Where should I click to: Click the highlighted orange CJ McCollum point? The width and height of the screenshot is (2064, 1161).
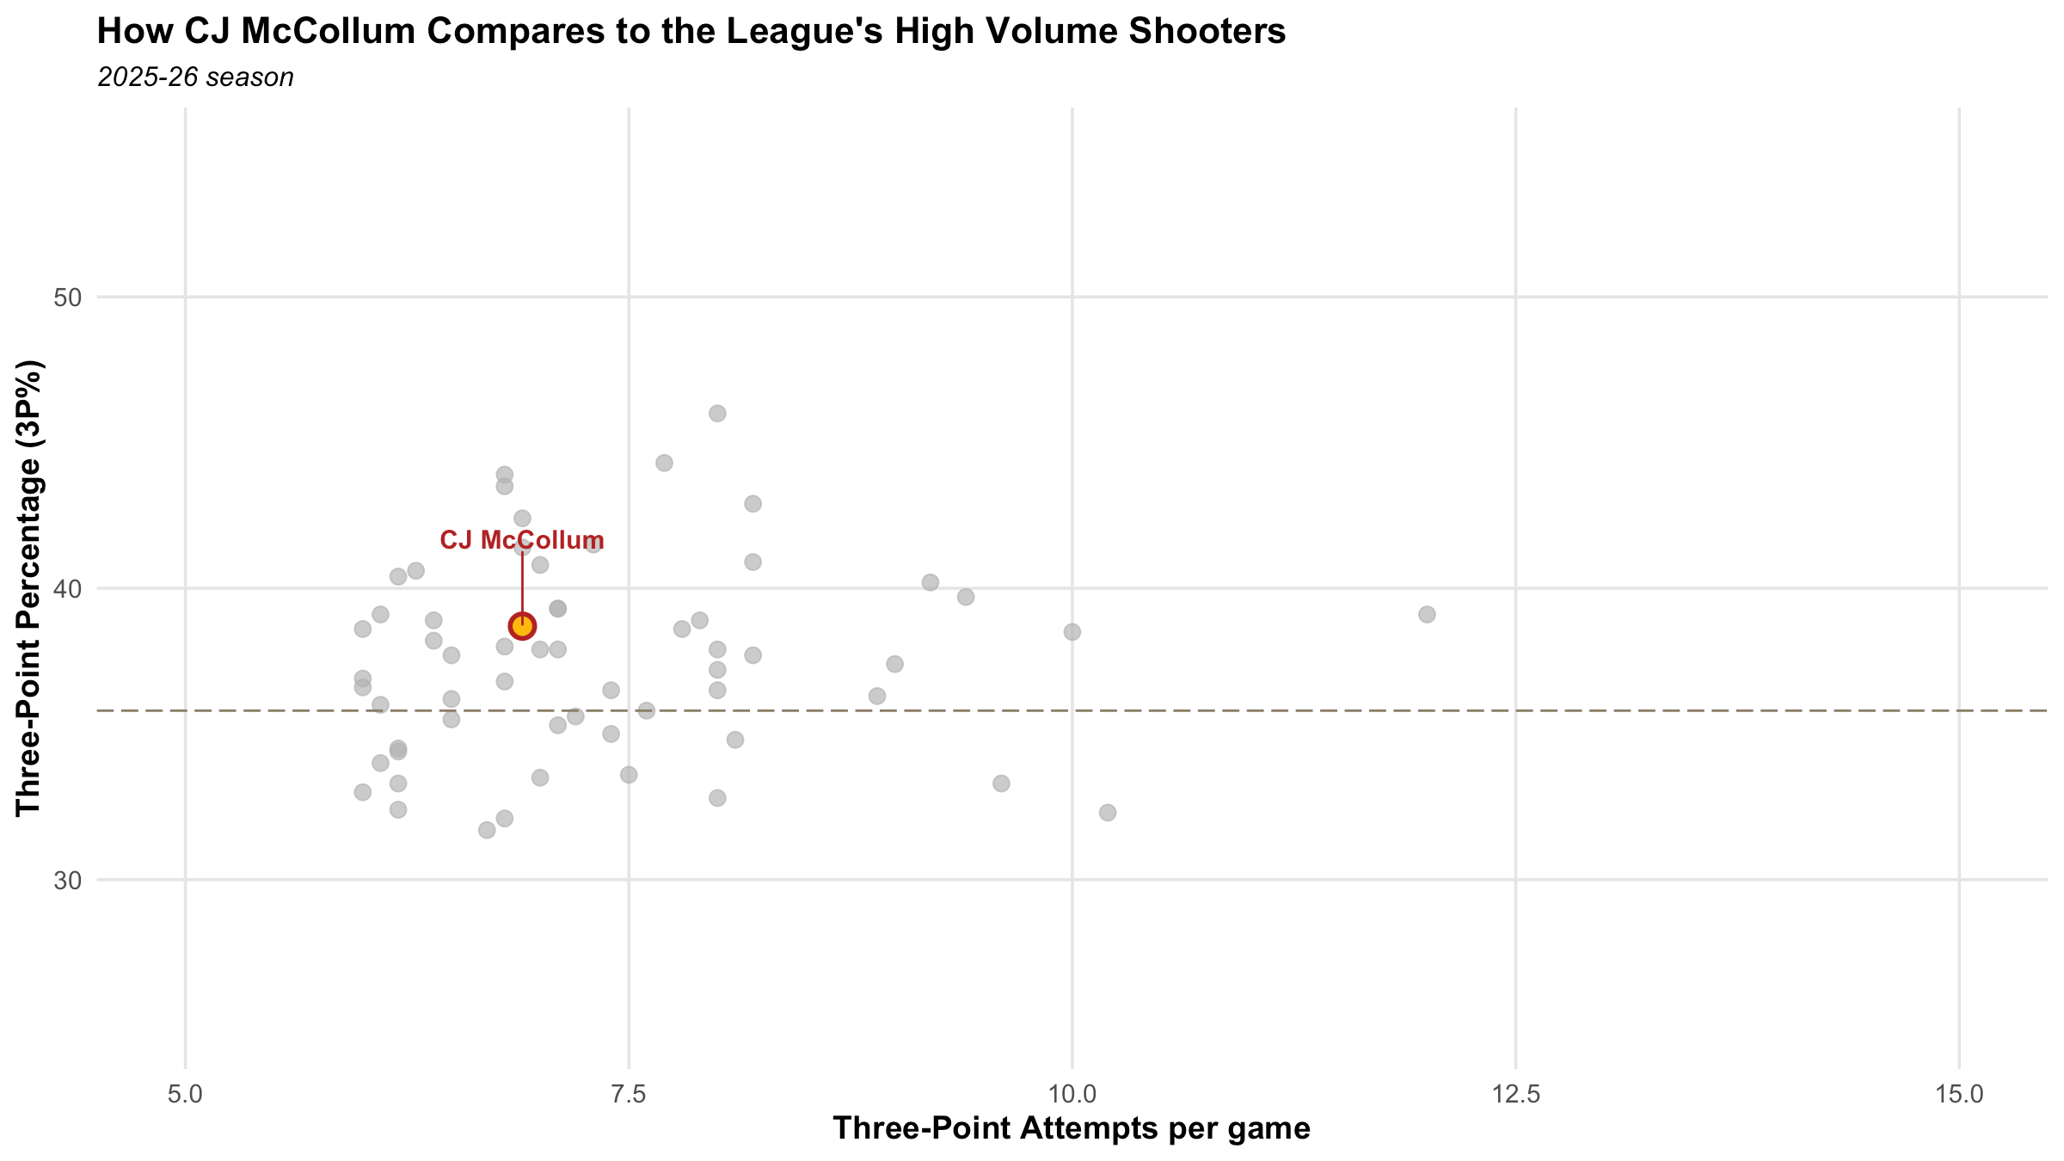tap(522, 625)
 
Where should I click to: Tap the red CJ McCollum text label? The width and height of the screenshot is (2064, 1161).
tap(522, 541)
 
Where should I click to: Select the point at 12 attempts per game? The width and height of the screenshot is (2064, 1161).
tap(1427, 614)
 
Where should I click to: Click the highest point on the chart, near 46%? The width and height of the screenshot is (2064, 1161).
tap(717, 414)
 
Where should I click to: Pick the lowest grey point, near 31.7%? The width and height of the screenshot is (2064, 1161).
tap(487, 830)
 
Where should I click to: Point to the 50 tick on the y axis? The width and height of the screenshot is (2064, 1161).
tap(67, 298)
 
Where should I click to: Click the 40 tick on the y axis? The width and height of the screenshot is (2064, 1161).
tap(67, 589)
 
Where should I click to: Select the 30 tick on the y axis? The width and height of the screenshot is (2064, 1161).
tap(67, 881)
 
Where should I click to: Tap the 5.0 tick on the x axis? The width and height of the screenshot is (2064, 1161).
tap(185, 1095)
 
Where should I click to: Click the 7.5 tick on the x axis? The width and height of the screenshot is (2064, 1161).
tap(629, 1095)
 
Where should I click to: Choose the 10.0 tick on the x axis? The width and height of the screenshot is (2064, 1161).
tap(1072, 1095)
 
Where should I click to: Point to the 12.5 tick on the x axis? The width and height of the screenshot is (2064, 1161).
tap(1515, 1095)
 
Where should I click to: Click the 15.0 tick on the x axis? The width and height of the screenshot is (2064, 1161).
tap(1958, 1095)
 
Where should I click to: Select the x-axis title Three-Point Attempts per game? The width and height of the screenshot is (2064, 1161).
tap(1072, 1128)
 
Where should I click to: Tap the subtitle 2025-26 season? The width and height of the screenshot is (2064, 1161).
tap(196, 77)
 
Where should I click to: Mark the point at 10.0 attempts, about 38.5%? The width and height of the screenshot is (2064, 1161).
tap(1072, 632)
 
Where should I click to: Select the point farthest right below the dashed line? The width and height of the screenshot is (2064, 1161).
tap(1108, 813)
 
